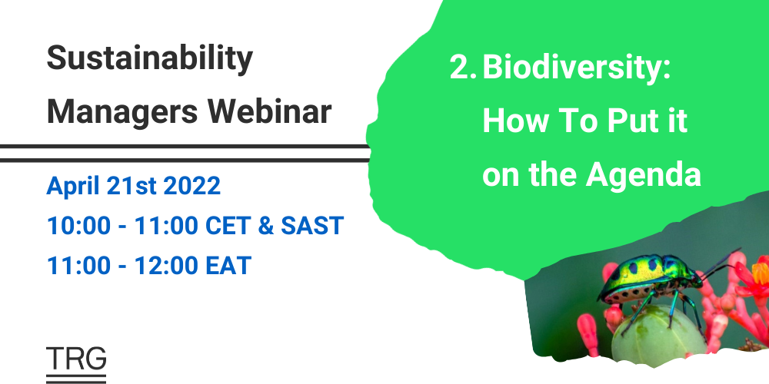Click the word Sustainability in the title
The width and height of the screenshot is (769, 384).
click(150, 59)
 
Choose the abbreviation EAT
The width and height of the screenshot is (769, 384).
click(225, 266)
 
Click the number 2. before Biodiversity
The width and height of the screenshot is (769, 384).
click(464, 68)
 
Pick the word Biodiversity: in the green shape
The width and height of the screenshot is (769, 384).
click(577, 68)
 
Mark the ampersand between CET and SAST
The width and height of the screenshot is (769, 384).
click(272, 227)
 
